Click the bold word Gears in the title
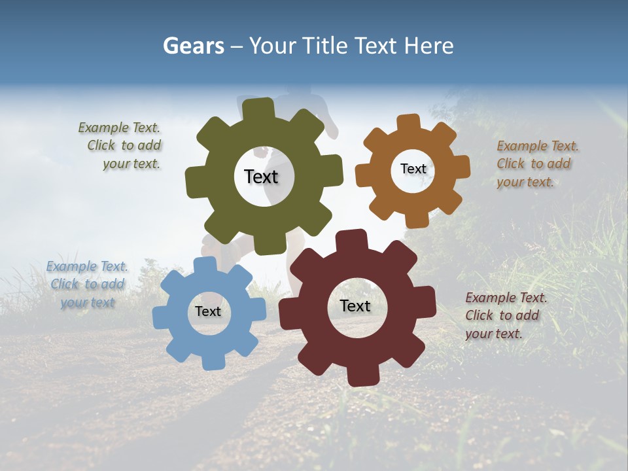click(x=193, y=46)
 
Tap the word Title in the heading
click(x=327, y=46)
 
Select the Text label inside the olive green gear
click(x=261, y=177)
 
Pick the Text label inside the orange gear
click(x=413, y=169)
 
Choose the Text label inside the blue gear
click(x=208, y=311)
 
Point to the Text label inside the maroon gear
click(x=355, y=305)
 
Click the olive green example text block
click(x=121, y=146)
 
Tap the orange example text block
click(x=536, y=164)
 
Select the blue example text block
click(x=87, y=285)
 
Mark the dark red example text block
click(x=505, y=315)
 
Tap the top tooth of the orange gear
click(x=408, y=123)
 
